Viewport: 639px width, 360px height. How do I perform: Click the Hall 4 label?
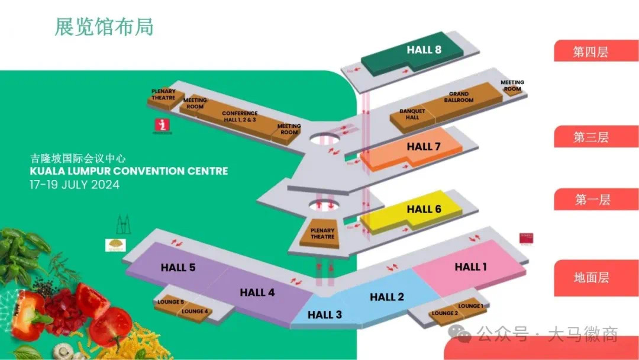pyautogui.click(x=257, y=292)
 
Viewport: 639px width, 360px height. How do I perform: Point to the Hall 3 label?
pyautogui.click(x=325, y=315)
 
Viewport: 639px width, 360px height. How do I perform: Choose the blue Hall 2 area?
pyautogui.click(x=387, y=297)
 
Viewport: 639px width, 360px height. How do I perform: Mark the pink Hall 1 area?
pyautogui.click(x=470, y=267)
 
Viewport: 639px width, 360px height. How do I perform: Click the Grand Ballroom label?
pyautogui.click(x=459, y=97)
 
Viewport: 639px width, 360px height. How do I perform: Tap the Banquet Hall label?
pyautogui.click(x=412, y=114)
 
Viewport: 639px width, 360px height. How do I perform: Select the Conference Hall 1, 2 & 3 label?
pyautogui.click(x=240, y=116)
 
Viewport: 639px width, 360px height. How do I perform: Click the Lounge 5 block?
pyautogui.click(x=170, y=302)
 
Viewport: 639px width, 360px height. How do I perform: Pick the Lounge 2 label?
pyautogui.click(x=444, y=313)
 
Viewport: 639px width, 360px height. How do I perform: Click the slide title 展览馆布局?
pyautogui.click(x=104, y=27)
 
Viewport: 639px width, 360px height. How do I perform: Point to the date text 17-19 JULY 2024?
pyautogui.click(x=75, y=185)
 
